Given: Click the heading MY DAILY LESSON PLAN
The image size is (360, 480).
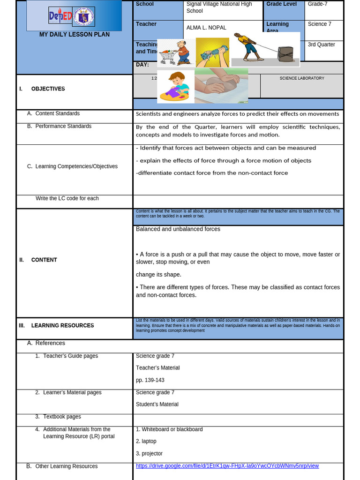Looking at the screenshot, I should pyautogui.click(x=74, y=35).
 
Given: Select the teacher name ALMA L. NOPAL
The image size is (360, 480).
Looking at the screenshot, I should pyautogui.click(x=206, y=28).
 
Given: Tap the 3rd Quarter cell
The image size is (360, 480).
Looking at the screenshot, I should pyautogui.click(x=321, y=45).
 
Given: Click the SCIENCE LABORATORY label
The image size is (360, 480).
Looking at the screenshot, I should pyautogui.click(x=302, y=78).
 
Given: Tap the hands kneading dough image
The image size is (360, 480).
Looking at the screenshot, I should pyautogui.click(x=221, y=86).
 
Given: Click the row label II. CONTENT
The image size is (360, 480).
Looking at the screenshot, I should pyautogui.click(x=44, y=260).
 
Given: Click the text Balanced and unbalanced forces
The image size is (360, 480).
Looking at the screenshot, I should pyautogui.click(x=178, y=229).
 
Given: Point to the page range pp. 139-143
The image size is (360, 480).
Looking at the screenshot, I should pyautogui.click(x=150, y=380).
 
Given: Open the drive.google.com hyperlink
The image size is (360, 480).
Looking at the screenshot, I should pyautogui.click(x=227, y=466).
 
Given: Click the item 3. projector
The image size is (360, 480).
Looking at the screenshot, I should pyautogui.click(x=149, y=453).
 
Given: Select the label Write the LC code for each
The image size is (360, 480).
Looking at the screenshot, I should pyautogui.click(x=67, y=198).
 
